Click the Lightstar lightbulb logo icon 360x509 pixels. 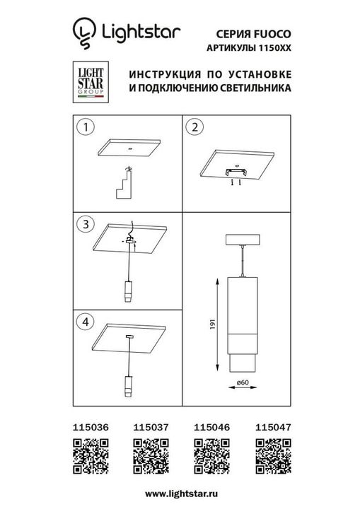[85, 33]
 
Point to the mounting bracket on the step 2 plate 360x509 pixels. [235, 172]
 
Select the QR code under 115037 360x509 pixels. [149, 453]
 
